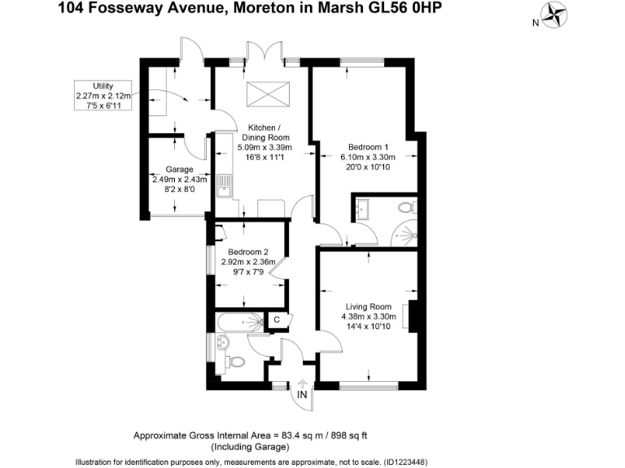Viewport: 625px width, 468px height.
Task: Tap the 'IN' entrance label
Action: [x=302, y=395]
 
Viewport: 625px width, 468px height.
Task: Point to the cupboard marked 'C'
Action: [x=277, y=320]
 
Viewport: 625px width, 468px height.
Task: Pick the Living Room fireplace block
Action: [x=414, y=315]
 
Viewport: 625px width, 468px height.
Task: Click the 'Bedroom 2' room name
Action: [x=249, y=252]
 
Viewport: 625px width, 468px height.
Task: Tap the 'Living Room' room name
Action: [x=368, y=306]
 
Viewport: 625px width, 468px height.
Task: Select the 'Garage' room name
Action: [x=178, y=169]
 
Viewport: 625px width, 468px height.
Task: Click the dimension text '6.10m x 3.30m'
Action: [x=368, y=158]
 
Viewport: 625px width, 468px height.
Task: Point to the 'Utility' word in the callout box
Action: [x=103, y=86]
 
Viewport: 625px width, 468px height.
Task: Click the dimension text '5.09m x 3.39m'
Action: [x=264, y=147]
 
